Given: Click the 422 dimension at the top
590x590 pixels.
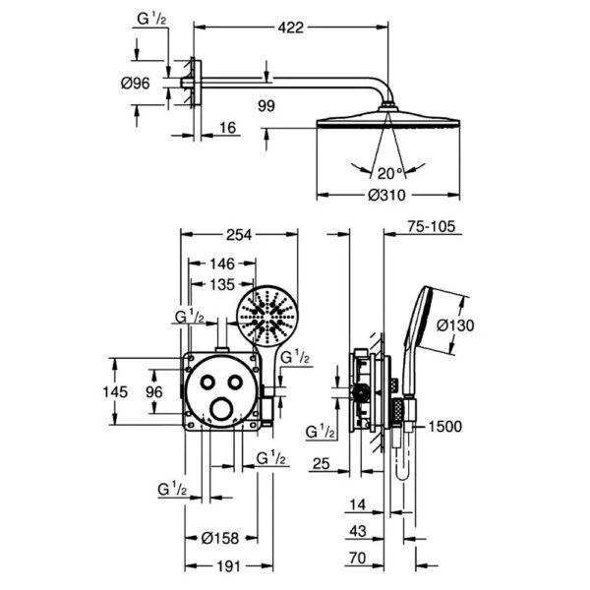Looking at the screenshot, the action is tap(290, 28).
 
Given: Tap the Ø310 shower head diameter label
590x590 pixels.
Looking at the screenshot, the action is tap(386, 195).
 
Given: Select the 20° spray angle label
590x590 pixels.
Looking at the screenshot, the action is tap(390, 173).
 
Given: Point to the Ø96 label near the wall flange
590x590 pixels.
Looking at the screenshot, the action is tap(135, 83).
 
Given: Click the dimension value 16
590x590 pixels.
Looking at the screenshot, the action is tap(228, 128).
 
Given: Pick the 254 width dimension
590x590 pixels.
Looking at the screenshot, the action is tap(239, 235).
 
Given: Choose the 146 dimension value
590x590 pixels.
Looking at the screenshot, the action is tap(222, 264).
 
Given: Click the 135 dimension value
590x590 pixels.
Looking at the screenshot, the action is tap(222, 284).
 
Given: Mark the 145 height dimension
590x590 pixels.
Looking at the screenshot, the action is tap(115, 391).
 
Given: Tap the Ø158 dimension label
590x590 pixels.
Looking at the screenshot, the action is tap(220, 538).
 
